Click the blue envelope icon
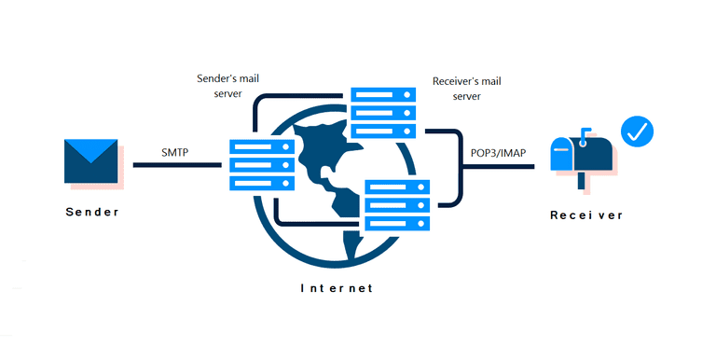(91, 160)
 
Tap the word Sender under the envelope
(92, 212)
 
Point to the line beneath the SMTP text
(177, 165)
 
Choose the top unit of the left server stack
(262, 147)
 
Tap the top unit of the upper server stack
(382, 96)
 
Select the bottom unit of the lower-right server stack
(398, 224)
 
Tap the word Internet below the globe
(337, 288)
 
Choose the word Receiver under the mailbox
(585, 215)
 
